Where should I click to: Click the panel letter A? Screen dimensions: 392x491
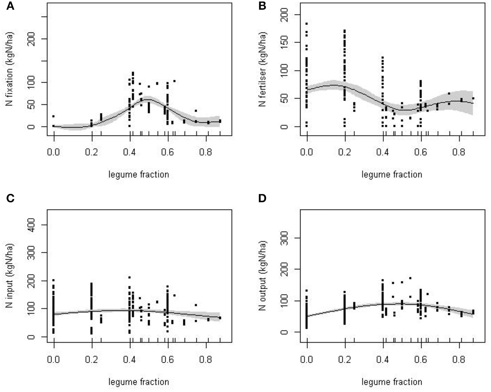click(11, 6)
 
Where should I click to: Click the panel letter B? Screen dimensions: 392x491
click(262, 6)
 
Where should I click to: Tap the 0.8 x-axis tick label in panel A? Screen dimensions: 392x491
click(206, 151)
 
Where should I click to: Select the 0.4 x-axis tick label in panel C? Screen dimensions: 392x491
click(130, 359)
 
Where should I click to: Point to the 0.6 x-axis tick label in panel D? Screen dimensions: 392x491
click(421, 359)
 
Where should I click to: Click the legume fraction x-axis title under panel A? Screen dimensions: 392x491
click(139, 174)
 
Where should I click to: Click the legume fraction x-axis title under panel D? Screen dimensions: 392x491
click(392, 382)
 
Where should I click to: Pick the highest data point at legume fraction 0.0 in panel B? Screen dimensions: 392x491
click(307, 24)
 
